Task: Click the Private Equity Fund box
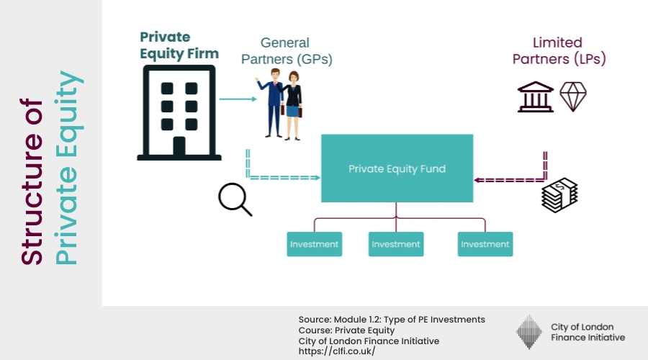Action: point(397,168)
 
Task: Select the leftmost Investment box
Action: point(315,244)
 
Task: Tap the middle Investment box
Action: point(396,244)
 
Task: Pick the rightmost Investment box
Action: point(485,244)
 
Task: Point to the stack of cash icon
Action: point(559,195)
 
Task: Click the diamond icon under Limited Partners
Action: point(573,96)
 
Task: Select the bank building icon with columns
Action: point(535,96)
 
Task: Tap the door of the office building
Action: point(179,146)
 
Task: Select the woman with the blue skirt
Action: point(293,105)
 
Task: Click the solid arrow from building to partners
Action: point(238,99)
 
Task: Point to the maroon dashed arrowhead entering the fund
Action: point(477,180)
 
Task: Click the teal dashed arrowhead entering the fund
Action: point(318,178)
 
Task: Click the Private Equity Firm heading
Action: point(179,45)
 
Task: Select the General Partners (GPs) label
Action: point(287,51)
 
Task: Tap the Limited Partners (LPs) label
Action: point(559,50)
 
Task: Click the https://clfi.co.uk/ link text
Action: point(337,351)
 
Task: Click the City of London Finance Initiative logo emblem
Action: point(529,332)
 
